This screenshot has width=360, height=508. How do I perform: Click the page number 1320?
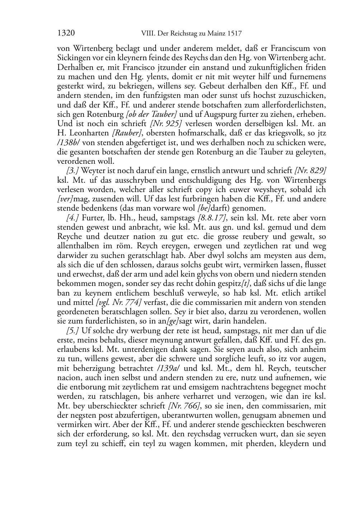click(66, 34)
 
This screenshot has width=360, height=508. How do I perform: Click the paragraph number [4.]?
click(73, 218)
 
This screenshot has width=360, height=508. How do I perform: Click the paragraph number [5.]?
click(73, 331)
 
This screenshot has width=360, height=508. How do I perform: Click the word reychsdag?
click(208, 435)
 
